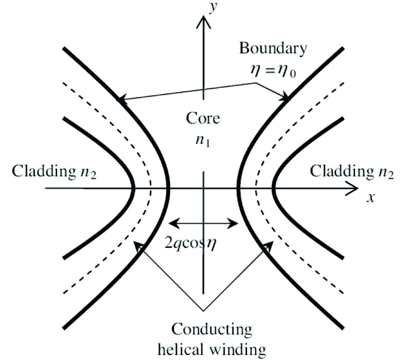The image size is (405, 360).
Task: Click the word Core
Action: [x=203, y=119]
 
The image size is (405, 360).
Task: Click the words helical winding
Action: [x=204, y=349]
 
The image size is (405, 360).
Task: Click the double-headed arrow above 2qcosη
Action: [x=203, y=222]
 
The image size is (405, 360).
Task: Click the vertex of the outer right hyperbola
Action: [x=274, y=188]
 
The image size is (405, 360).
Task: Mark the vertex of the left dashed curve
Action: [x=151, y=188]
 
